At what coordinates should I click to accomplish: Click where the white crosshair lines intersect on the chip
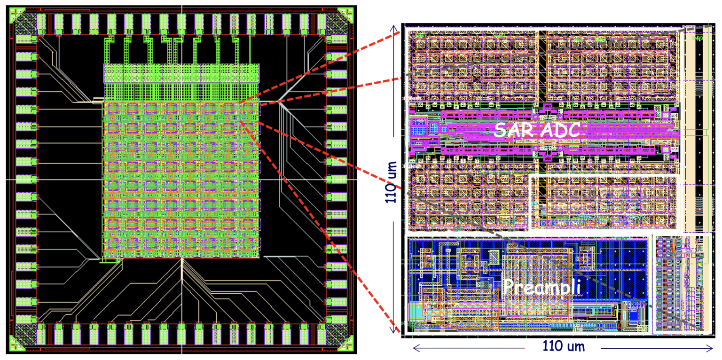[181, 180]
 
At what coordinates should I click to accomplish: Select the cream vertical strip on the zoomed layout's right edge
[691, 132]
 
